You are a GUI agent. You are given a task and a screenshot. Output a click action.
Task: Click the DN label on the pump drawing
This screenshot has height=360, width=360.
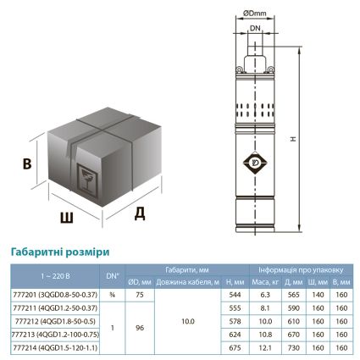pyautogui.click(x=256, y=27)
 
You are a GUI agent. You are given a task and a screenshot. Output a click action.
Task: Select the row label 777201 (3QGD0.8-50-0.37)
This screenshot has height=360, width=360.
pyautogui.click(x=54, y=294)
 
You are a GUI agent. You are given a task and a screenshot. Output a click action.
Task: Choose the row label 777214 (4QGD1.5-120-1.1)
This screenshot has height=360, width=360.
pyautogui.click(x=54, y=346)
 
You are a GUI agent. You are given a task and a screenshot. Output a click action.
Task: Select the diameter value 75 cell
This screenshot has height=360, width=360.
pyautogui.click(x=140, y=294)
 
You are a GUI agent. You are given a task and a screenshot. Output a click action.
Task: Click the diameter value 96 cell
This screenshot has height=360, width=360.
pyautogui.click(x=140, y=327)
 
